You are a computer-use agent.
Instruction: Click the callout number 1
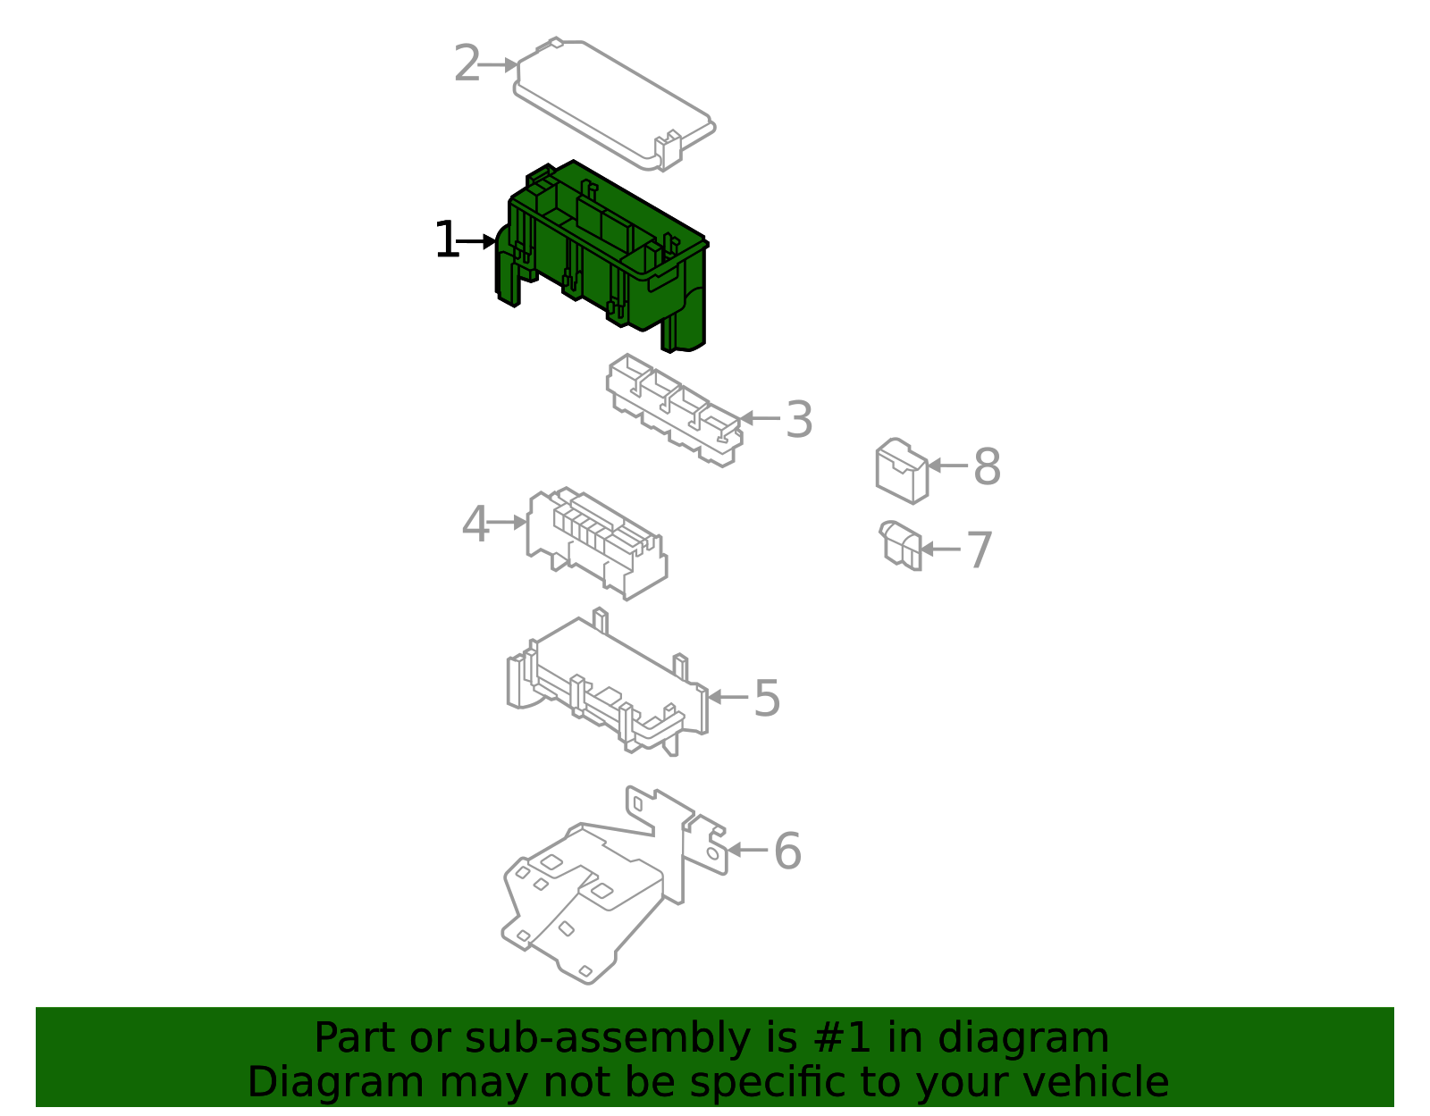tap(446, 241)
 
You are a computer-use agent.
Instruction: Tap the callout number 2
tap(467, 64)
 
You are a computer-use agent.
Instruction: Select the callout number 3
tap(798, 420)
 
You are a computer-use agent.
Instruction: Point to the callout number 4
tap(475, 524)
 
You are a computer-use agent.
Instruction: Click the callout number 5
tap(767, 699)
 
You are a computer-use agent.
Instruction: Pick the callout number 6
tap(786, 852)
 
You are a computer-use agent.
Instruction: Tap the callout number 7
tap(980, 550)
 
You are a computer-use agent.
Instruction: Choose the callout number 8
tap(987, 467)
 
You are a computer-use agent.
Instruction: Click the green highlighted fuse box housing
tap(608, 259)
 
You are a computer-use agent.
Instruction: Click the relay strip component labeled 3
tap(675, 411)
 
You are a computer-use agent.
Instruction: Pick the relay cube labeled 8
tap(901, 470)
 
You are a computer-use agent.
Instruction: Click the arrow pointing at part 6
tap(747, 850)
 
